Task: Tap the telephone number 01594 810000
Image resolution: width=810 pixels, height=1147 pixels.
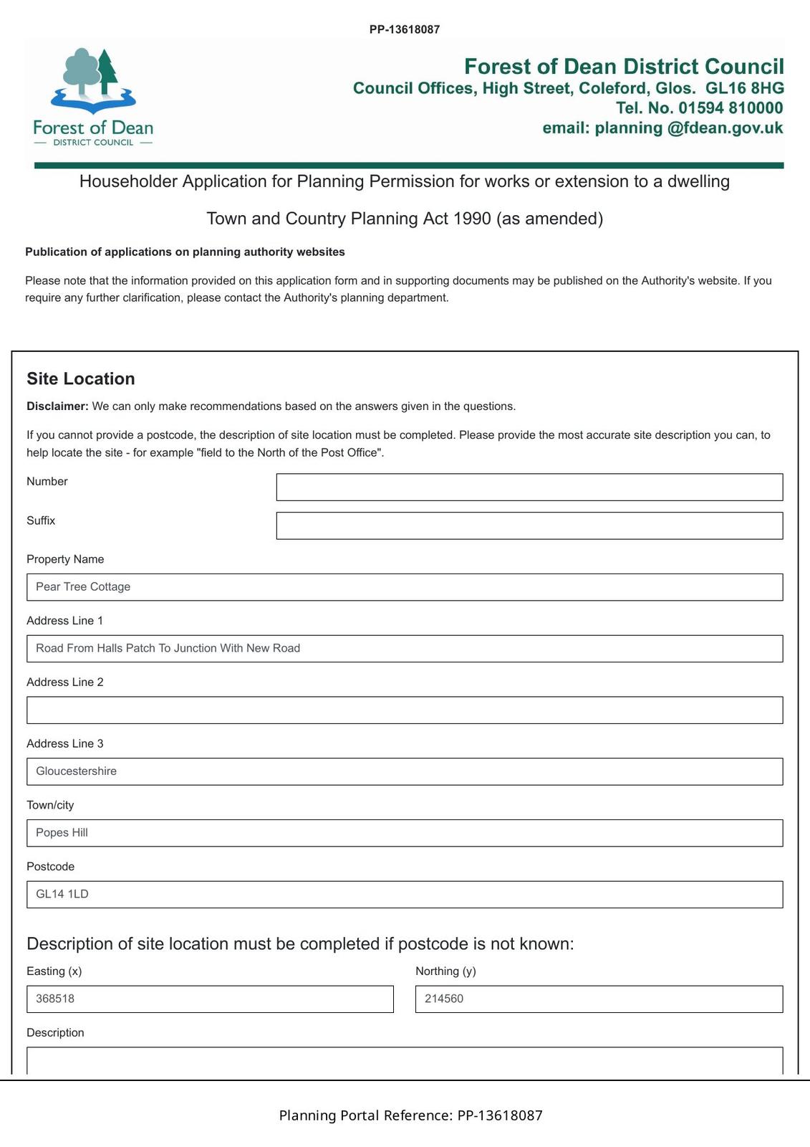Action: [731, 108]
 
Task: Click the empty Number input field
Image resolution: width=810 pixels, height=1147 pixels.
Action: [529, 487]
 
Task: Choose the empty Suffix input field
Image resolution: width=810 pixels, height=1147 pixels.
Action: [529, 525]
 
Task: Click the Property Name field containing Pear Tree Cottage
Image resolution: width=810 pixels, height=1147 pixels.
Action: [405, 587]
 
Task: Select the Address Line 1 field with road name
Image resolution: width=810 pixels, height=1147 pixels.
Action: [405, 649]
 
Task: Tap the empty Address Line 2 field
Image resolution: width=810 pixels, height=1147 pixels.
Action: [405, 710]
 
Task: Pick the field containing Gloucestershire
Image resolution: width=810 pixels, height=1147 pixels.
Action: [405, 771]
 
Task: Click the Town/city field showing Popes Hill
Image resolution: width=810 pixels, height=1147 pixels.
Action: [405, 833]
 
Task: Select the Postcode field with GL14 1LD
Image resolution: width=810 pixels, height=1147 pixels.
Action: [405, 895]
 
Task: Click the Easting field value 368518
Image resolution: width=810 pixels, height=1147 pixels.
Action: [210, 999]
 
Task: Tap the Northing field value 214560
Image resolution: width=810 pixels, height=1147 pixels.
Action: [599, 999]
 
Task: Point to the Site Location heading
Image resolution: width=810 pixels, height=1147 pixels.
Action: [81, 379]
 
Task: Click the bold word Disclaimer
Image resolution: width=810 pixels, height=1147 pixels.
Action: [57, 406]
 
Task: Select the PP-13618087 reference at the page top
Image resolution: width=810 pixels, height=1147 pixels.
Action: [405, 29]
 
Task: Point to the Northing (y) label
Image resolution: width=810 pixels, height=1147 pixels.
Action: [445, 971]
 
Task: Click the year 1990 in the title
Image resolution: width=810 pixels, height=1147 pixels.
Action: [472, 219]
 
